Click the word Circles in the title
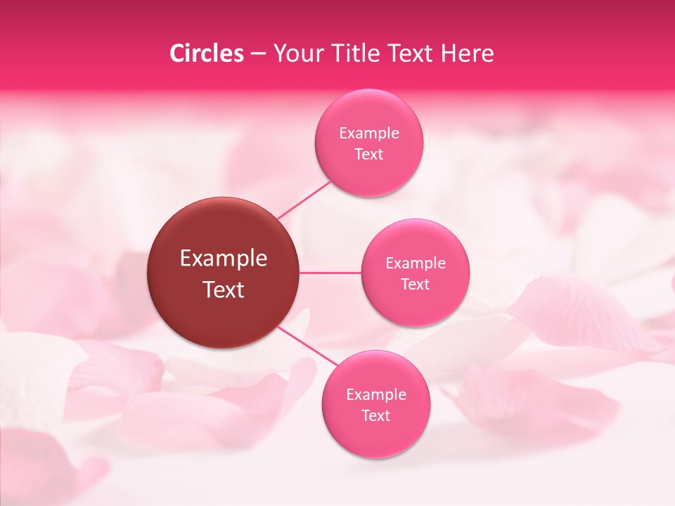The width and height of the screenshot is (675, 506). click(207, 53)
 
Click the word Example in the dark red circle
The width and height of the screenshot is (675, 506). click(224, 259)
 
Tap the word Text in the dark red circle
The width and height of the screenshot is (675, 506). click(224, 290)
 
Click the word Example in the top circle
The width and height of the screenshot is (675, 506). click(368, 134)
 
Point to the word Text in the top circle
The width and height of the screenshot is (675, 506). click(368, 155)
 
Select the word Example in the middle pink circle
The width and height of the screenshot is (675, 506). click(415, 264)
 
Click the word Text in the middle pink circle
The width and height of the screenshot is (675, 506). click(415, 285)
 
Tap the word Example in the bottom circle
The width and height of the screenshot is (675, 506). click(375, 395)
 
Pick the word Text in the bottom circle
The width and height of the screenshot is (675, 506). click(375, 416)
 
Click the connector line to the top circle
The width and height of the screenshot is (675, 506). click(304, 199)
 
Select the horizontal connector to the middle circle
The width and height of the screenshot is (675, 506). click(330, 273)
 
